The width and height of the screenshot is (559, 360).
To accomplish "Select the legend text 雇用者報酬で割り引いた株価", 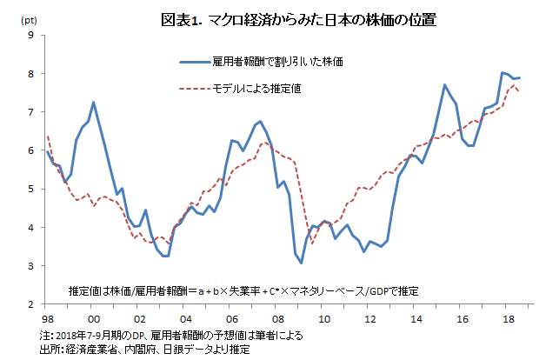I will (x=278, y=62).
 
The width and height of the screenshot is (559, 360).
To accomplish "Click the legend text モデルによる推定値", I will (x=262, y=89).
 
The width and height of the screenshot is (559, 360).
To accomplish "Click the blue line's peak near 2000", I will (x=93, y=103).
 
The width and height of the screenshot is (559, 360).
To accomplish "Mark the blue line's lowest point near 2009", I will (x=302, y=263).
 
